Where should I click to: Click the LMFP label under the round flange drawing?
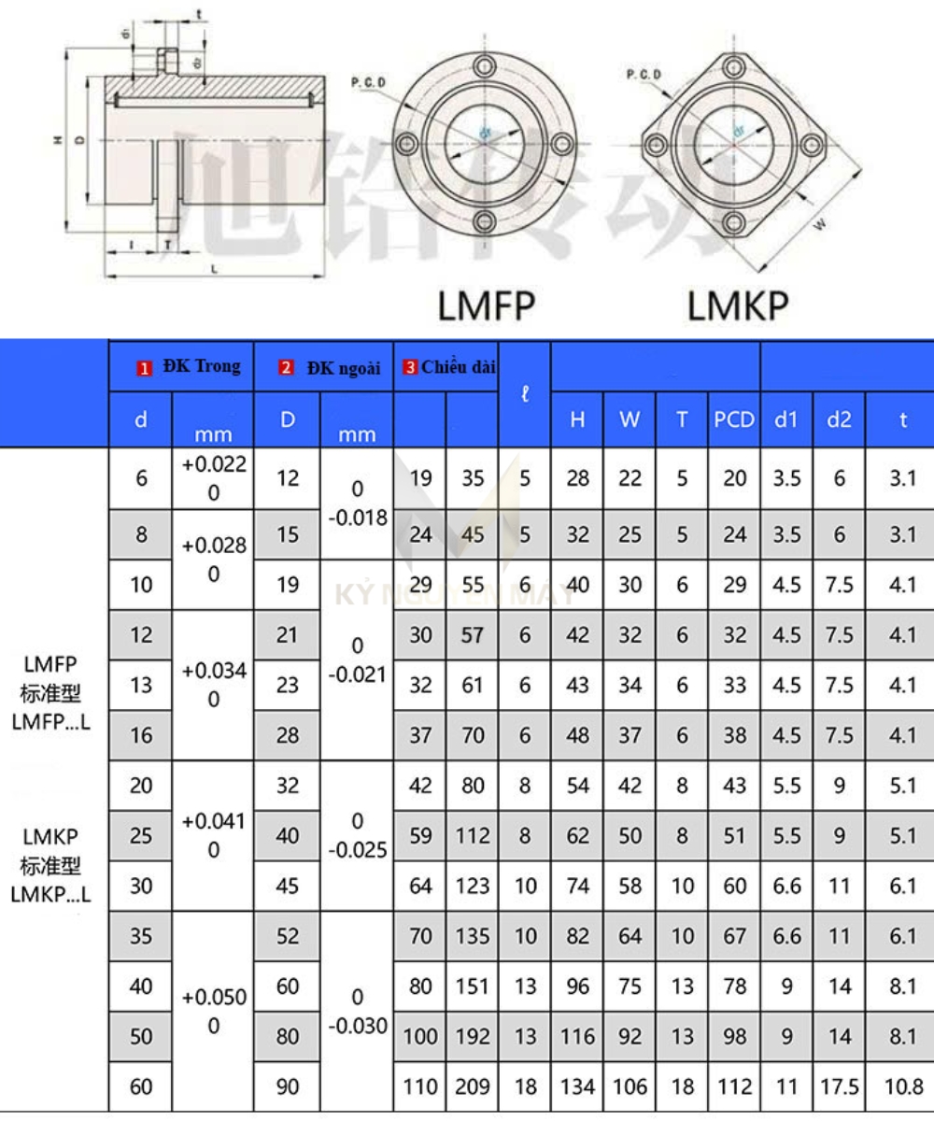coord(486,305)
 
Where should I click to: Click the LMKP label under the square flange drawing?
coord(738,305)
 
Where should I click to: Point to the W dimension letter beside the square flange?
coord(819,223)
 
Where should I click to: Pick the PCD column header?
coord(734,420)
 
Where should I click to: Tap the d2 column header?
coord(839,420)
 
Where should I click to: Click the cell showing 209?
coord(473,1086)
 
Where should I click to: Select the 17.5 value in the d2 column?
coord(839,1086)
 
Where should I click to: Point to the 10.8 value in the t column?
coord(902,1086)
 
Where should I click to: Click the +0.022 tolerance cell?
coord(213,478)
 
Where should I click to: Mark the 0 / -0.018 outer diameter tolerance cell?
coord(356,504)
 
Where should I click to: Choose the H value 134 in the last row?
coord(577,1086)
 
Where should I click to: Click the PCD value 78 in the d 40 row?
coord(734,986)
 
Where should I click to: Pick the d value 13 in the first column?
coord(141,686)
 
